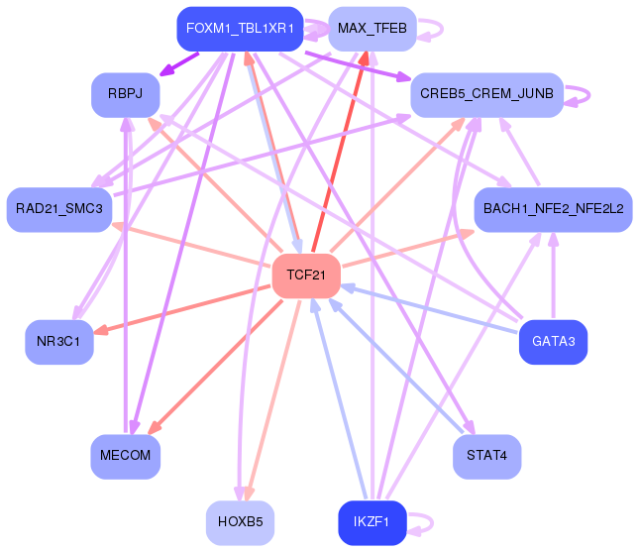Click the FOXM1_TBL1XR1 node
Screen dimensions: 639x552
pos(240,29)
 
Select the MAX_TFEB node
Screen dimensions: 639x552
pos(373,29)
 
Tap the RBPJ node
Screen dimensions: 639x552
pos(125,95)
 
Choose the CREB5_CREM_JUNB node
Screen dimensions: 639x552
pos(487,95)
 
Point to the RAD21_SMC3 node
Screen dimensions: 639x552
pos(59,209)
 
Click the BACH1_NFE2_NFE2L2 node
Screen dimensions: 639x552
pos(553,209)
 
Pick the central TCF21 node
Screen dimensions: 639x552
pos(306,276)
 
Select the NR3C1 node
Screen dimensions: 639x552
pos(59,342)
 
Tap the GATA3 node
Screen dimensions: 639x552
pos(553,342)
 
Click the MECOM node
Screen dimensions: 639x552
pos(125,457)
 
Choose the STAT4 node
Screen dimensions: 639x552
pos(487,457)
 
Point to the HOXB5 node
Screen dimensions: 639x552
pos(240,523)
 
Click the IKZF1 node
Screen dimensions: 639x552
pos(373,523)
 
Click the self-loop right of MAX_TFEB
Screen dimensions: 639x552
pos(442,29)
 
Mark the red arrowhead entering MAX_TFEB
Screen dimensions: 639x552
pos(364,58)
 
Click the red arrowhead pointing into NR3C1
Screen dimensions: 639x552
pos(101,330)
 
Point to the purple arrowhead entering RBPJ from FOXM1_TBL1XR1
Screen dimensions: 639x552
pos(167,70)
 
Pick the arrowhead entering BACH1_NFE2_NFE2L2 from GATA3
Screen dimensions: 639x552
pos(553,239)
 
